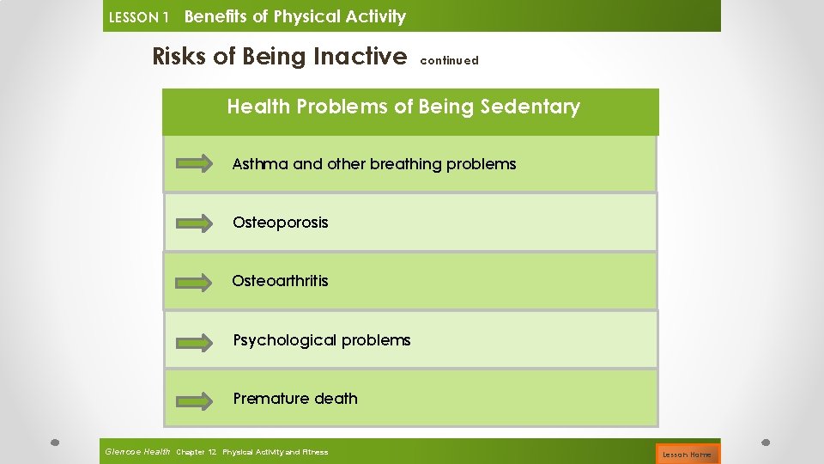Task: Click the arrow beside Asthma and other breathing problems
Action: (x=195, y=164)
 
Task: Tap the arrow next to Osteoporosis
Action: (x=195, y=223)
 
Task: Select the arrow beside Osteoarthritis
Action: (x=195, y=282)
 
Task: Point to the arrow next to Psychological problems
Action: (x=195, y=341)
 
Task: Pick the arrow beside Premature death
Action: (x=195, y=400)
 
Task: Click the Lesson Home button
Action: (x=688, y=454)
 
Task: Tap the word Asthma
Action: (x=260, y=164)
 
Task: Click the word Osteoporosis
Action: (x=280, y=223)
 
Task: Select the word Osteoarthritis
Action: (x=280, y=281)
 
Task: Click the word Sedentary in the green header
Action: (x=530, y=107)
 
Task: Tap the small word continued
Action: (x=449, y=61)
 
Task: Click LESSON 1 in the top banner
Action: (x=139, y=17)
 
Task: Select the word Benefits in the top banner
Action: (x=215, y=16)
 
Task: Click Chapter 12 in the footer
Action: (x=196, y=452)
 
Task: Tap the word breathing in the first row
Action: (x=406, y=164)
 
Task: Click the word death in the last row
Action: (x=336, y=399)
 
